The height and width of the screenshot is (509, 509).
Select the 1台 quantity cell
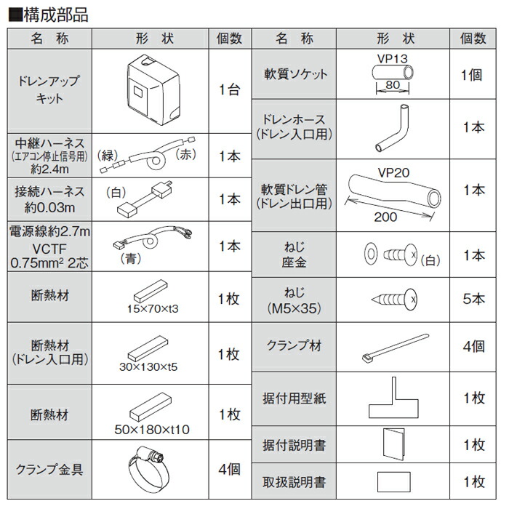click(229, 92)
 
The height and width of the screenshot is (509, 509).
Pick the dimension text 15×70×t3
click(153, 309)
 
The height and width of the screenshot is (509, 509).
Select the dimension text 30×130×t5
click(153, 367)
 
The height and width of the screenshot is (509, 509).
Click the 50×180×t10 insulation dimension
click(152, 429)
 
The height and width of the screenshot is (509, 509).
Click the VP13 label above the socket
click(391, 57)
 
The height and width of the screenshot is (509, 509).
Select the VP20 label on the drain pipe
click(395, 172)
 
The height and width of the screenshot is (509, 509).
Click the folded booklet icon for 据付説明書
click(393, 443)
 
